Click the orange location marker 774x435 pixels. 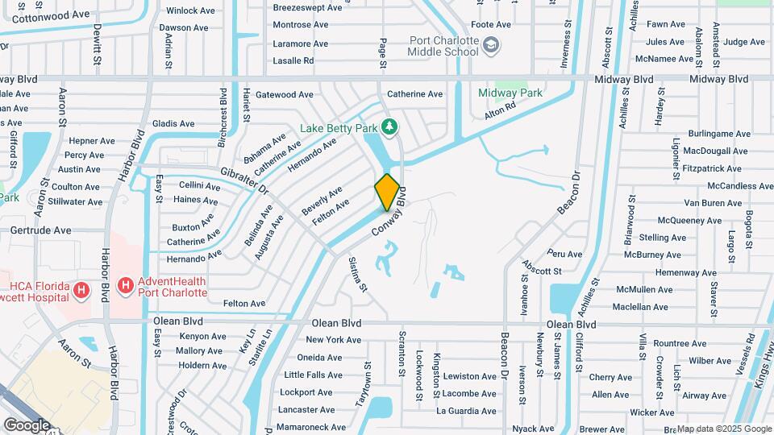[x=387, y=192]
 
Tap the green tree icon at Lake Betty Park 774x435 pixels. [x=390, y=127]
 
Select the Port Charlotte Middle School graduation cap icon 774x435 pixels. [x=490, y=51]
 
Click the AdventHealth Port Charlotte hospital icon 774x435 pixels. [x=125, y=286]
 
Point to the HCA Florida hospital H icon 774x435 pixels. [x=80, y=289]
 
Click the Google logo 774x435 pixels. [x=27, y=425]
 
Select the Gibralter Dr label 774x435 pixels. [x=243, y=181]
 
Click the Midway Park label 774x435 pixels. [x=510, y=93]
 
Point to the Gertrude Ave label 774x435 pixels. [x=40, y=230]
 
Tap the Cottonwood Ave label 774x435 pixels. [x=52, y=14]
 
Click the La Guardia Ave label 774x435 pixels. [x=467, y=410]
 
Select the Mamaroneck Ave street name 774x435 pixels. [x=311, y=427]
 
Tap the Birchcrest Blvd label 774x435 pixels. [x=223, y=118]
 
